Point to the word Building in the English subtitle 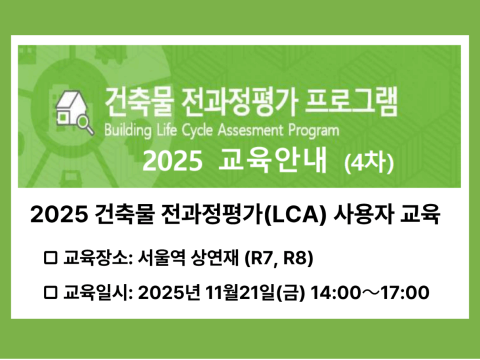click(x=128, y=131)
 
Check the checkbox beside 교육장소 click(x=50, y=258)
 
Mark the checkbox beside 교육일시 click(x=50, y=292)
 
